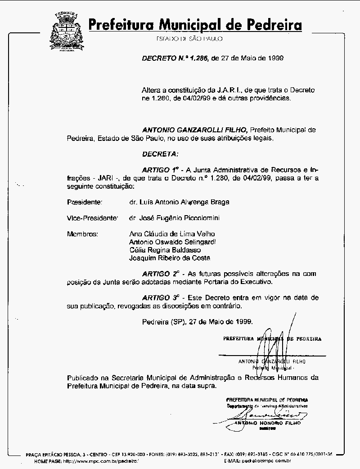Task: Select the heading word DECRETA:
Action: (160, 154)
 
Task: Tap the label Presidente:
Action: (85, 202)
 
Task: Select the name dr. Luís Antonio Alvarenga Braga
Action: (179, 202)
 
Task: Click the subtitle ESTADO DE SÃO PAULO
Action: (189, 39)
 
